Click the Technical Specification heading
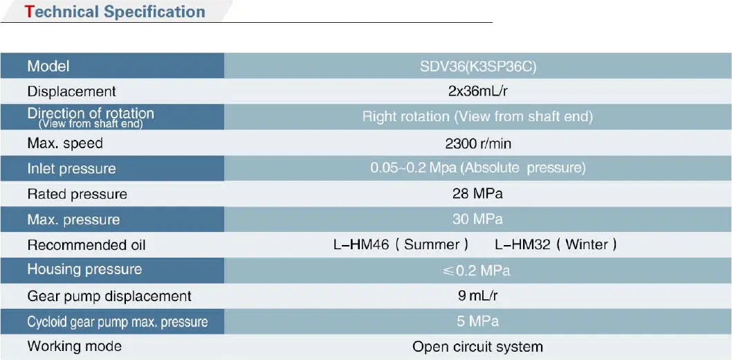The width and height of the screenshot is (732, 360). click(116, 12)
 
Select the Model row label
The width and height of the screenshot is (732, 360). click(48, 66)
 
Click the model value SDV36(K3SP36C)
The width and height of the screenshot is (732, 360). click(478, 66)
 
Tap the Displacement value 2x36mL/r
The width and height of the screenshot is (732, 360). click(478, 91)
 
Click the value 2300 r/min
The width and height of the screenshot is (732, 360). click(479, 143)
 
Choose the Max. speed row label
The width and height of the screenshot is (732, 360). click(65, 143)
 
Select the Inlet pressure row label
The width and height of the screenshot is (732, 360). click(71, 168)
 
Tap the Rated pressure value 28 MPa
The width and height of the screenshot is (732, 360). click(477, 194)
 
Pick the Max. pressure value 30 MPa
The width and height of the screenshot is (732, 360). click(477, 219)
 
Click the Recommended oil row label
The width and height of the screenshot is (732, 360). click(86, 245)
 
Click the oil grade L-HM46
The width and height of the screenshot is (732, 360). click(361, 244)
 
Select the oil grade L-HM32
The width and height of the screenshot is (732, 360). click(523, 244)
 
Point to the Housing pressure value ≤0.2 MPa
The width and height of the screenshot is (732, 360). click(476, 271)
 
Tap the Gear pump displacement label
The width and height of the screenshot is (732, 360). click(109, 296)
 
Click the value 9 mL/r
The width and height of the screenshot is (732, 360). click(478, 296)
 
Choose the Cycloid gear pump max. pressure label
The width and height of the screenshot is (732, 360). click(118, 322)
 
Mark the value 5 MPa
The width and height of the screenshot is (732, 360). click(477, 321)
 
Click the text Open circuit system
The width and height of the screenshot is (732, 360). click(477, 347)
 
